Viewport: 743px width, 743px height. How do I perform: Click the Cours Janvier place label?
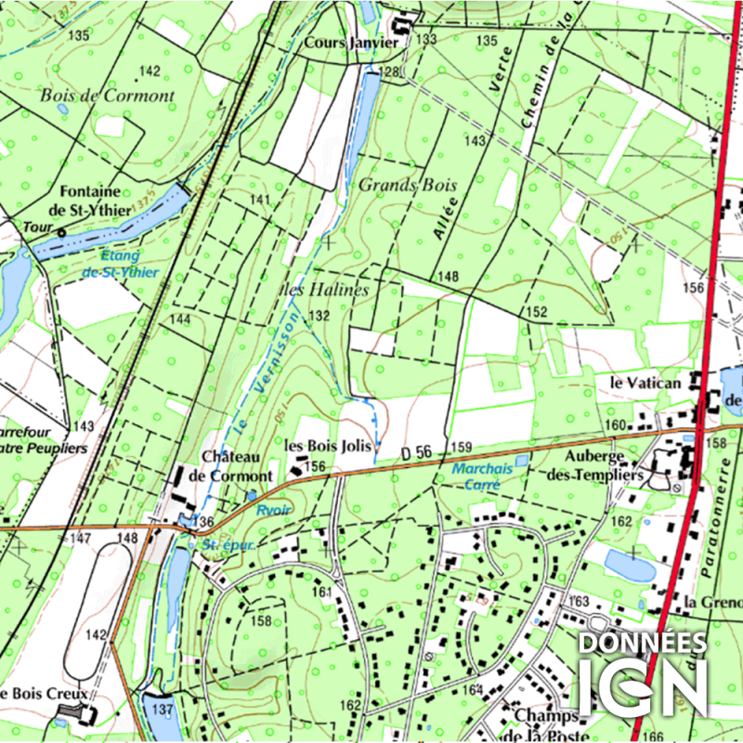point(351,43)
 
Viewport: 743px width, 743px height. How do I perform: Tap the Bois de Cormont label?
point(107,96)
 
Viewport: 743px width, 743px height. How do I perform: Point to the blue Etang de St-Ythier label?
point(120,263)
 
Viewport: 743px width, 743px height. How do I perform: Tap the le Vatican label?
point(645,382)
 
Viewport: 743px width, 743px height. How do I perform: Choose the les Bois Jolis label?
point(327,447)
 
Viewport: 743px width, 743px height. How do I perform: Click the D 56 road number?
point(417,452)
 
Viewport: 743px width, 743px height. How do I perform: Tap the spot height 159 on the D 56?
point(462,448)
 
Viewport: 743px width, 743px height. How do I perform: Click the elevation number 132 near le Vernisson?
point(319,317)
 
